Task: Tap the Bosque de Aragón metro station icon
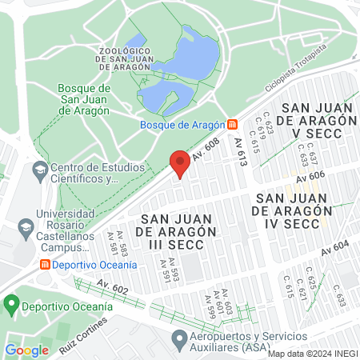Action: [x=232, y=124]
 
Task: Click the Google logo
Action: [x=26, y=350]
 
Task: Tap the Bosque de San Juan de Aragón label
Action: [x=83, y=99]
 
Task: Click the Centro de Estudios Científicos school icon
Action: [x=39, y=170]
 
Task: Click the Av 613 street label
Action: [x=241, y=152]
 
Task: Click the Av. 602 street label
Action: [x=112, y=284]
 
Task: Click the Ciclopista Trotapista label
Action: [x=318, y=73]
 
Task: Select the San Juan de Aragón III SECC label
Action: [x=179, y=231]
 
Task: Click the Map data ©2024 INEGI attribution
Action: [x=312, y=354]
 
